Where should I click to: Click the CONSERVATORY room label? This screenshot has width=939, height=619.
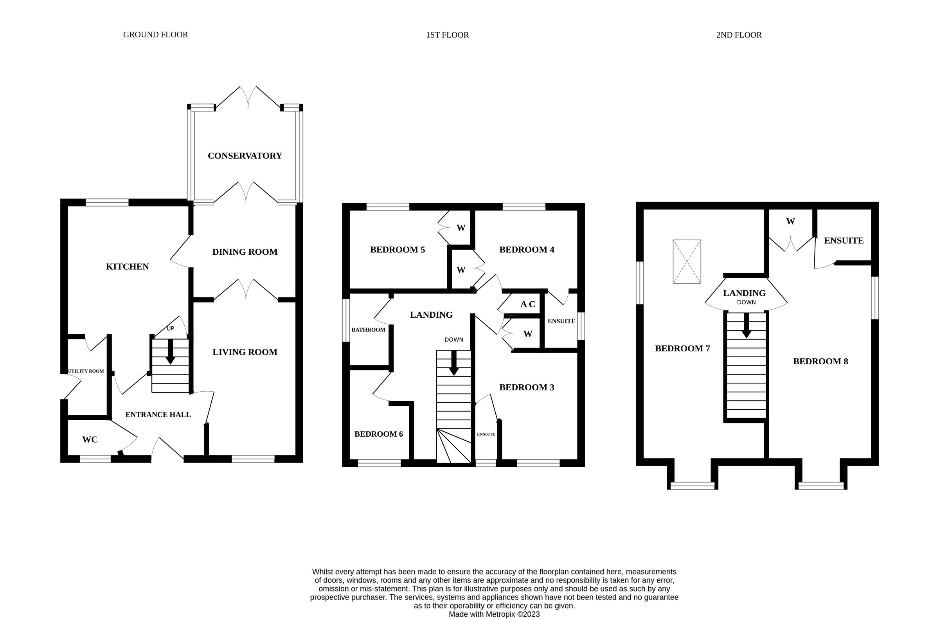(245, 156)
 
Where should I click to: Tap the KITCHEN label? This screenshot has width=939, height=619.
(128, 267)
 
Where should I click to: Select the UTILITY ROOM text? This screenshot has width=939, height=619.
(86, 371)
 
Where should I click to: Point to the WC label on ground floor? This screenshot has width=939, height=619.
(90, 440)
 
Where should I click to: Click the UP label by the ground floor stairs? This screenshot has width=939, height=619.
(170, 328)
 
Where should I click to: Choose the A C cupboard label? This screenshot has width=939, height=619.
(528, 304)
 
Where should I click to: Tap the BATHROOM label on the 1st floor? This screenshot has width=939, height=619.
(368, 329)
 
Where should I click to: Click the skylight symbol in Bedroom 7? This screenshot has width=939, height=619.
(687, 261)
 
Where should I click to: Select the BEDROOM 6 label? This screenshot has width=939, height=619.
(378, 434)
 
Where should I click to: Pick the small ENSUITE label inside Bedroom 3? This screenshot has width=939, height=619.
(486, 434)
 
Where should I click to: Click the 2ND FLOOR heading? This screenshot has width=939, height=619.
(739, 35)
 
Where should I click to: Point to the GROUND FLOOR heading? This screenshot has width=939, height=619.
(155, 35)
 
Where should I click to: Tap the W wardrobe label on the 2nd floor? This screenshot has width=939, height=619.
(790, 221)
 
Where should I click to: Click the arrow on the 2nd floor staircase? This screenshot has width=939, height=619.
(746, 326)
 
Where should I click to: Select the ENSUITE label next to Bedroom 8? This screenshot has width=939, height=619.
(844, 241)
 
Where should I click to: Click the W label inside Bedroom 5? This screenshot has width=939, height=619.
(461, 228)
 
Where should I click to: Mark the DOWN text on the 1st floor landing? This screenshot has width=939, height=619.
(453, 340)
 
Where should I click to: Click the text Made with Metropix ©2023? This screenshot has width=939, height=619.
(494, 614)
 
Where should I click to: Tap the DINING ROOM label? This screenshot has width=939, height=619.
(245, 252)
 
